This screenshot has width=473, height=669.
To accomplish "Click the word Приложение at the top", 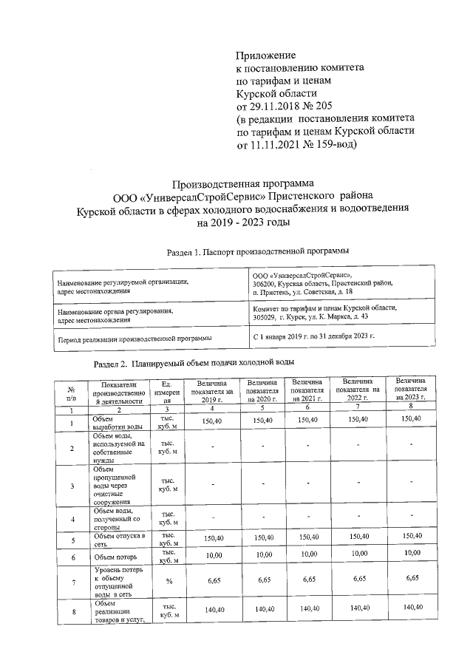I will [265, 55].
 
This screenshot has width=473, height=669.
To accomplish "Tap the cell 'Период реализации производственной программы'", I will [134, 338].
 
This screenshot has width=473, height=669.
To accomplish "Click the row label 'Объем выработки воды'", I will [116, 423].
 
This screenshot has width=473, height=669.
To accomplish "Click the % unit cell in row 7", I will [168, 583].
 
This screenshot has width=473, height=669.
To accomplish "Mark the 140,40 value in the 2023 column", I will [409, 608].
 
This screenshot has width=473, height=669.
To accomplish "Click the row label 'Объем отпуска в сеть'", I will [116, 538].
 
